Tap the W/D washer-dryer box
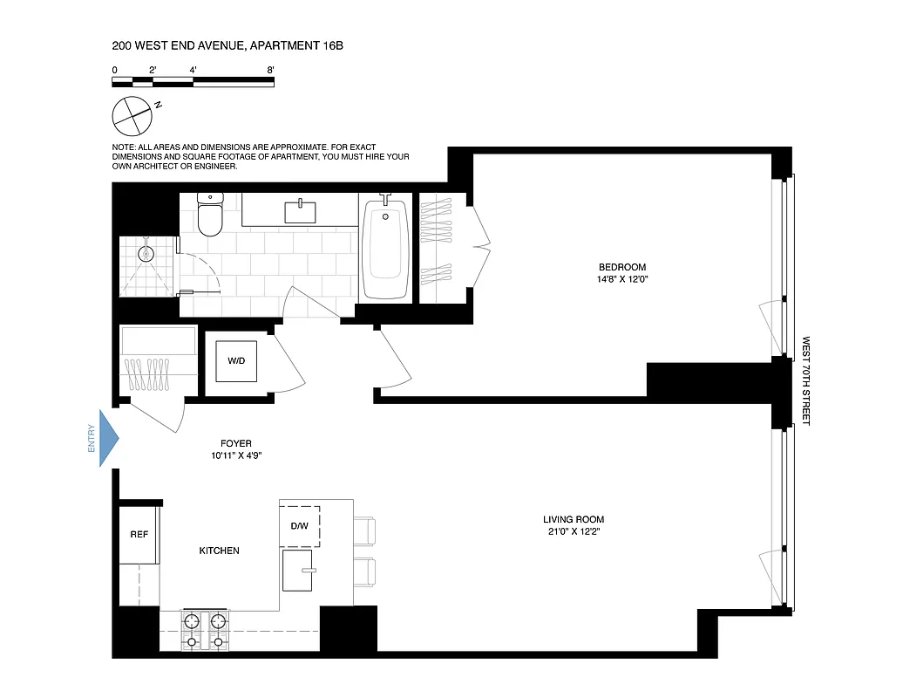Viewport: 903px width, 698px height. (x=236, y=360)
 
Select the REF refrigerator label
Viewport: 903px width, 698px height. (x=139, y=535)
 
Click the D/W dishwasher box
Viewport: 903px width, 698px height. (x=300, y=525)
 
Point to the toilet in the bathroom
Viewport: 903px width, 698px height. (x=211, y=216)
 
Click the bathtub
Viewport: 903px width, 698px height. (x=385, y=248)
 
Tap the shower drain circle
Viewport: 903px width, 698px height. (x=146, y=255)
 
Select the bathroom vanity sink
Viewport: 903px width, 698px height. (x=300, y=210)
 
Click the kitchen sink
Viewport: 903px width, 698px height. (x=304, y=570)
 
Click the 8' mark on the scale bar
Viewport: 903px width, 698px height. (x=272, y=69)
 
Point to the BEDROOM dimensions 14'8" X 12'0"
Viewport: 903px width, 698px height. (x=622, y=279)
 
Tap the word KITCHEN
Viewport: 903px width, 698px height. (x=219, y=551)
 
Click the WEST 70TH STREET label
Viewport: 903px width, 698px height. (x=805, y=380)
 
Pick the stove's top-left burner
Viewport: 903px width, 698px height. (x=191, y=621)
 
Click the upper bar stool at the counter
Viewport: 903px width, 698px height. (x=364, y=530)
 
